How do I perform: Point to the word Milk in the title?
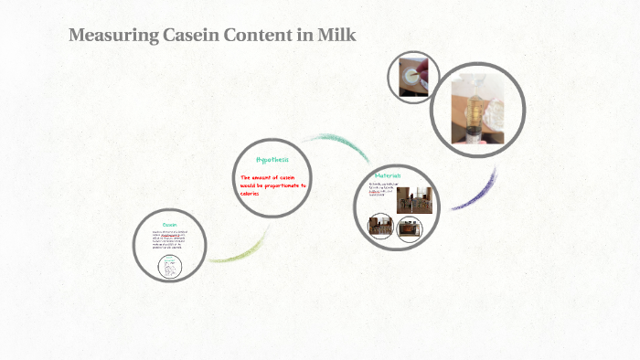[335, 37]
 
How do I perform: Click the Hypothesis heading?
[272, 159]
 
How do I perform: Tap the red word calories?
[251, 194]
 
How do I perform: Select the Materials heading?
[388, 175]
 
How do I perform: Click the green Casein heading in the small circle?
[170, 224]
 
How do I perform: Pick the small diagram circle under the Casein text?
[171, 267]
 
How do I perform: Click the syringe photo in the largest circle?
[476, 110]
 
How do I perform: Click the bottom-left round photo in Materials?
[380, 226]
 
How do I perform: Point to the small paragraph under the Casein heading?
[170, 241]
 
